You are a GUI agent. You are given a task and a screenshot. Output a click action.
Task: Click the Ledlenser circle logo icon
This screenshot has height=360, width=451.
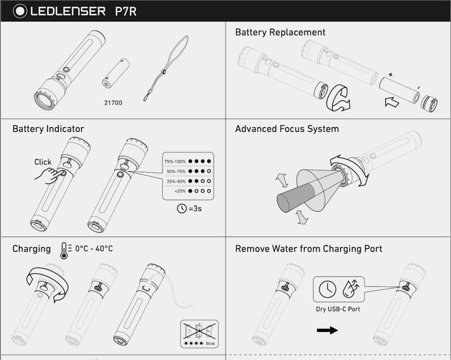pos(20,11)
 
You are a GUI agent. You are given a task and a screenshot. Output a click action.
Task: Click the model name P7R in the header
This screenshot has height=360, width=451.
pos(125,11)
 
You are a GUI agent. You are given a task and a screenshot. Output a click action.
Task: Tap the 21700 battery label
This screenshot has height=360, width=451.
pos(113,102)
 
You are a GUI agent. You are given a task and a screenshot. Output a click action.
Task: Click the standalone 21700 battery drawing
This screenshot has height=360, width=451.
pos(116,73)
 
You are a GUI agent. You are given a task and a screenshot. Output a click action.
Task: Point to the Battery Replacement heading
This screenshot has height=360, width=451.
pos(280,32)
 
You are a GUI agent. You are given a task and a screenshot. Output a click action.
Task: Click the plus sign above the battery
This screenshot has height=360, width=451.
pos(390,75)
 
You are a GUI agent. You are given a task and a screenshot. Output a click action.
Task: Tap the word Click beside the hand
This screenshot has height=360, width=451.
pos(43,162)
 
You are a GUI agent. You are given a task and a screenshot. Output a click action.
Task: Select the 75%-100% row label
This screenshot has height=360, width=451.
pos(175,161)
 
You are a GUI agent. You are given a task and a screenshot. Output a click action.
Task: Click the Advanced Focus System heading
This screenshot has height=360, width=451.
pos(287,129)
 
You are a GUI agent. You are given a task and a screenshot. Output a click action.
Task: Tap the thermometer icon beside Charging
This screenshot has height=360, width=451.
pos(64,250)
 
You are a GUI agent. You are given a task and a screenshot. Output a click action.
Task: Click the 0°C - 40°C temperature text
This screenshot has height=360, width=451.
pos(94,249)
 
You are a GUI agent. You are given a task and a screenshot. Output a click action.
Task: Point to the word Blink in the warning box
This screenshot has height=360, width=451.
pos(210,344)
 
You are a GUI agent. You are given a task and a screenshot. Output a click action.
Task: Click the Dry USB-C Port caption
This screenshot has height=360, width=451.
pos(338,309)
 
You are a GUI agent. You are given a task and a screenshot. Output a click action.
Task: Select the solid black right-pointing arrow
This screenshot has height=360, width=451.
pos(327,330)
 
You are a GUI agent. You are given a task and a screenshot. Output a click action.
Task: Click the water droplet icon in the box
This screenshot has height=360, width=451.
pos(348,289)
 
